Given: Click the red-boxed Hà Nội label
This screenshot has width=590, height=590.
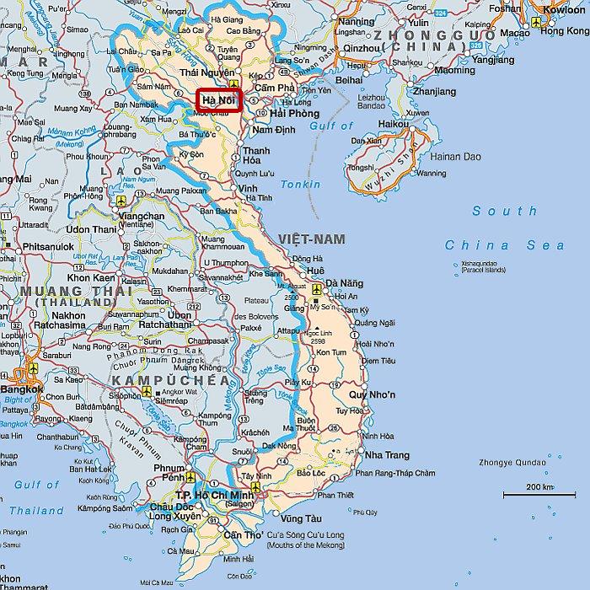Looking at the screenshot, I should pos(218,100).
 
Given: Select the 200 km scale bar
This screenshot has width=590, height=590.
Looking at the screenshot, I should pos(539,492).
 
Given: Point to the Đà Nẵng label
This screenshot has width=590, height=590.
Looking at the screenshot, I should pos(345,283).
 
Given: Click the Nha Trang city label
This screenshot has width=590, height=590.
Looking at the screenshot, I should pos(386,455).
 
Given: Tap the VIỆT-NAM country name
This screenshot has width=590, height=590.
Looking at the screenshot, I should pos(313,239).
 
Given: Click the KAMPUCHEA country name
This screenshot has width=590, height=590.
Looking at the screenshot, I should pos(169,381).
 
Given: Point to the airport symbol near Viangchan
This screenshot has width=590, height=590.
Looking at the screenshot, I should pos(121,201).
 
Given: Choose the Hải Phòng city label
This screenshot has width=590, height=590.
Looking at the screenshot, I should pos(295,114).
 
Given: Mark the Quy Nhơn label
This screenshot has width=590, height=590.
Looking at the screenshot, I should pos(372,394).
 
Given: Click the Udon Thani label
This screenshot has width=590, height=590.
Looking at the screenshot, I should pos(91,229).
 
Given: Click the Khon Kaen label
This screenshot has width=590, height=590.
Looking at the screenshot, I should pos(91,277).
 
